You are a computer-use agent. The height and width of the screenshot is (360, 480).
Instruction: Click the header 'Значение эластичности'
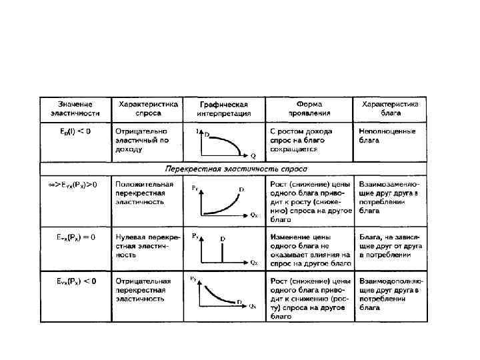pos(75,109)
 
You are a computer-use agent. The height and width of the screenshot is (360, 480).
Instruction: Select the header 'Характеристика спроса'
pos(148,109)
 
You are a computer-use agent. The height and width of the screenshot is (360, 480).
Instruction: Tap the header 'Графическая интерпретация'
pos(224,109)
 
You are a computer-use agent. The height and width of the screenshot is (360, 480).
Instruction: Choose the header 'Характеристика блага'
pos(390,109)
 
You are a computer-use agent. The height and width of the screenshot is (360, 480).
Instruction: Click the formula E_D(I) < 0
pos(74,131)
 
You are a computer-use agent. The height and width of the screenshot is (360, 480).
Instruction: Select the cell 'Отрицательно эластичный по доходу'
pos(143,140)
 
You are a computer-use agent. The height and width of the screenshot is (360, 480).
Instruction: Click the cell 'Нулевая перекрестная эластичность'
pos(144,245)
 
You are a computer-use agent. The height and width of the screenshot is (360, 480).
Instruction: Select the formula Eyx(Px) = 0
pos(75,237)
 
